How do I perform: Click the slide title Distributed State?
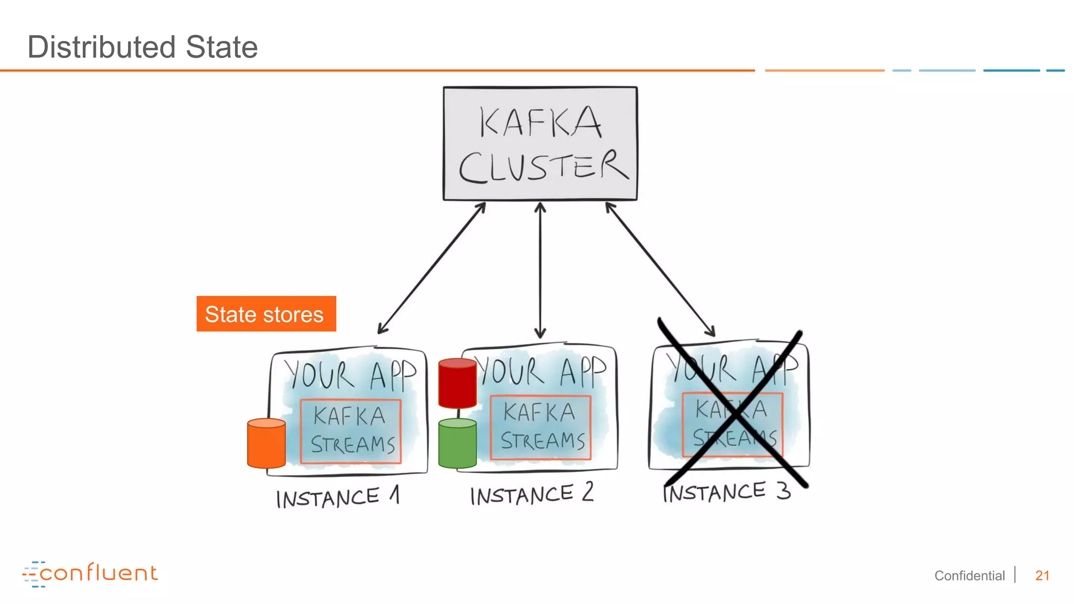point(142,47)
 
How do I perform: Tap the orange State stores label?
point(266,314)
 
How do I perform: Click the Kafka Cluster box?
point(540,143)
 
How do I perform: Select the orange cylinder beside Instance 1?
point(266,444)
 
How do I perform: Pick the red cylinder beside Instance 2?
point(457,383)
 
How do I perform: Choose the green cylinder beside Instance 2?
point(457,444)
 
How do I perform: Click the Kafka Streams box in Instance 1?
point(351,432)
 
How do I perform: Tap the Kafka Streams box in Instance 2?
point(541,427)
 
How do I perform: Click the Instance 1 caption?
point(337,497)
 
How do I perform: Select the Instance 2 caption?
point(531,494)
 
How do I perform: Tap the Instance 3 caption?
point(726,492)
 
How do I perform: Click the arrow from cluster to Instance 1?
point(432,268)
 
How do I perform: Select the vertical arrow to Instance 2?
point(540,270)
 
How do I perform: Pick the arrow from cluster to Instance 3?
point(660,268)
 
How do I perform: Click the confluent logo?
point(90,574)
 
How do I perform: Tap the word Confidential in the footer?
point(969,576)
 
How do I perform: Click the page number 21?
point(1042,576)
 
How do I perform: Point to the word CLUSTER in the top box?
point(543,167)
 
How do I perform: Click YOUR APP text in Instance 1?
point(350,374)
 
